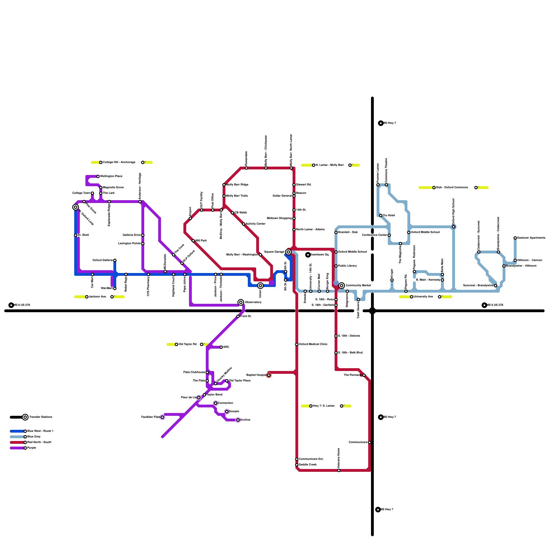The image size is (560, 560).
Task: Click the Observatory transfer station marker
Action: (241, 302)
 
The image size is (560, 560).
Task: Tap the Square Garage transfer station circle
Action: (288, 252)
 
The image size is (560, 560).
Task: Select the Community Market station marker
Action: (342, 286)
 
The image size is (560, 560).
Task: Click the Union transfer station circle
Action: (260, 286)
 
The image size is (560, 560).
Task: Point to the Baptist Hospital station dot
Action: (269, 375)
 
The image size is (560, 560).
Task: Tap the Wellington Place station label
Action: (111, 176)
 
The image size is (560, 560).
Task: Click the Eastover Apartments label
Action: (531, 238)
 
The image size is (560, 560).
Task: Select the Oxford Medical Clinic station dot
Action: (297, 344)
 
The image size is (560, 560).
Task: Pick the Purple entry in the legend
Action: (31, 448)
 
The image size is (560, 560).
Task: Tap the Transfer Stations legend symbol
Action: (25, 417)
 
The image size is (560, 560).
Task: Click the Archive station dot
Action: (238, 420)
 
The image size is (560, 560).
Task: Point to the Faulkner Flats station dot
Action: (162, 417)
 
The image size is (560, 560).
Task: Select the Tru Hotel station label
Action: (389, 216)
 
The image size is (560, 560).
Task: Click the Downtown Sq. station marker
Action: (308, 255)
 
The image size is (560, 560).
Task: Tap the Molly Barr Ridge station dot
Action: (224, 185)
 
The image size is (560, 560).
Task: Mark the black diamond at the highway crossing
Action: (372, 311)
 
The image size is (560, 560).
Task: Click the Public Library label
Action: (347, 266)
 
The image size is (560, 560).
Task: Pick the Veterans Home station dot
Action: (339, 470)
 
